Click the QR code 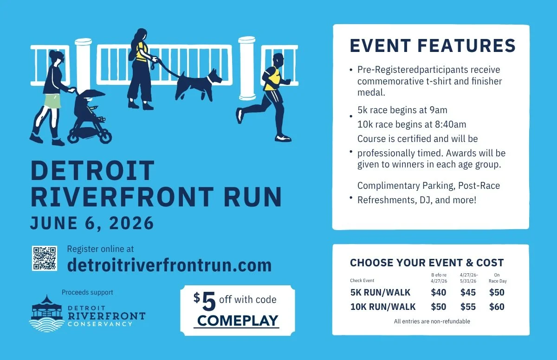click(x=45, y=258)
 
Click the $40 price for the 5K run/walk click(x=439, y=292)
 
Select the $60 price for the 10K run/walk click(x=497, y=307)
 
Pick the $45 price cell click(x=468, y=292)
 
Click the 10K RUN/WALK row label click(x=383, y=307)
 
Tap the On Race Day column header click(x=496, y=277)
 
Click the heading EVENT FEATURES click(x=432, y=46)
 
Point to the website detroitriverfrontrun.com click(x=169, y=265)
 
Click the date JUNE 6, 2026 click(x=92, y=223)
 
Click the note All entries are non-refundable click(x=432, y=321)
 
